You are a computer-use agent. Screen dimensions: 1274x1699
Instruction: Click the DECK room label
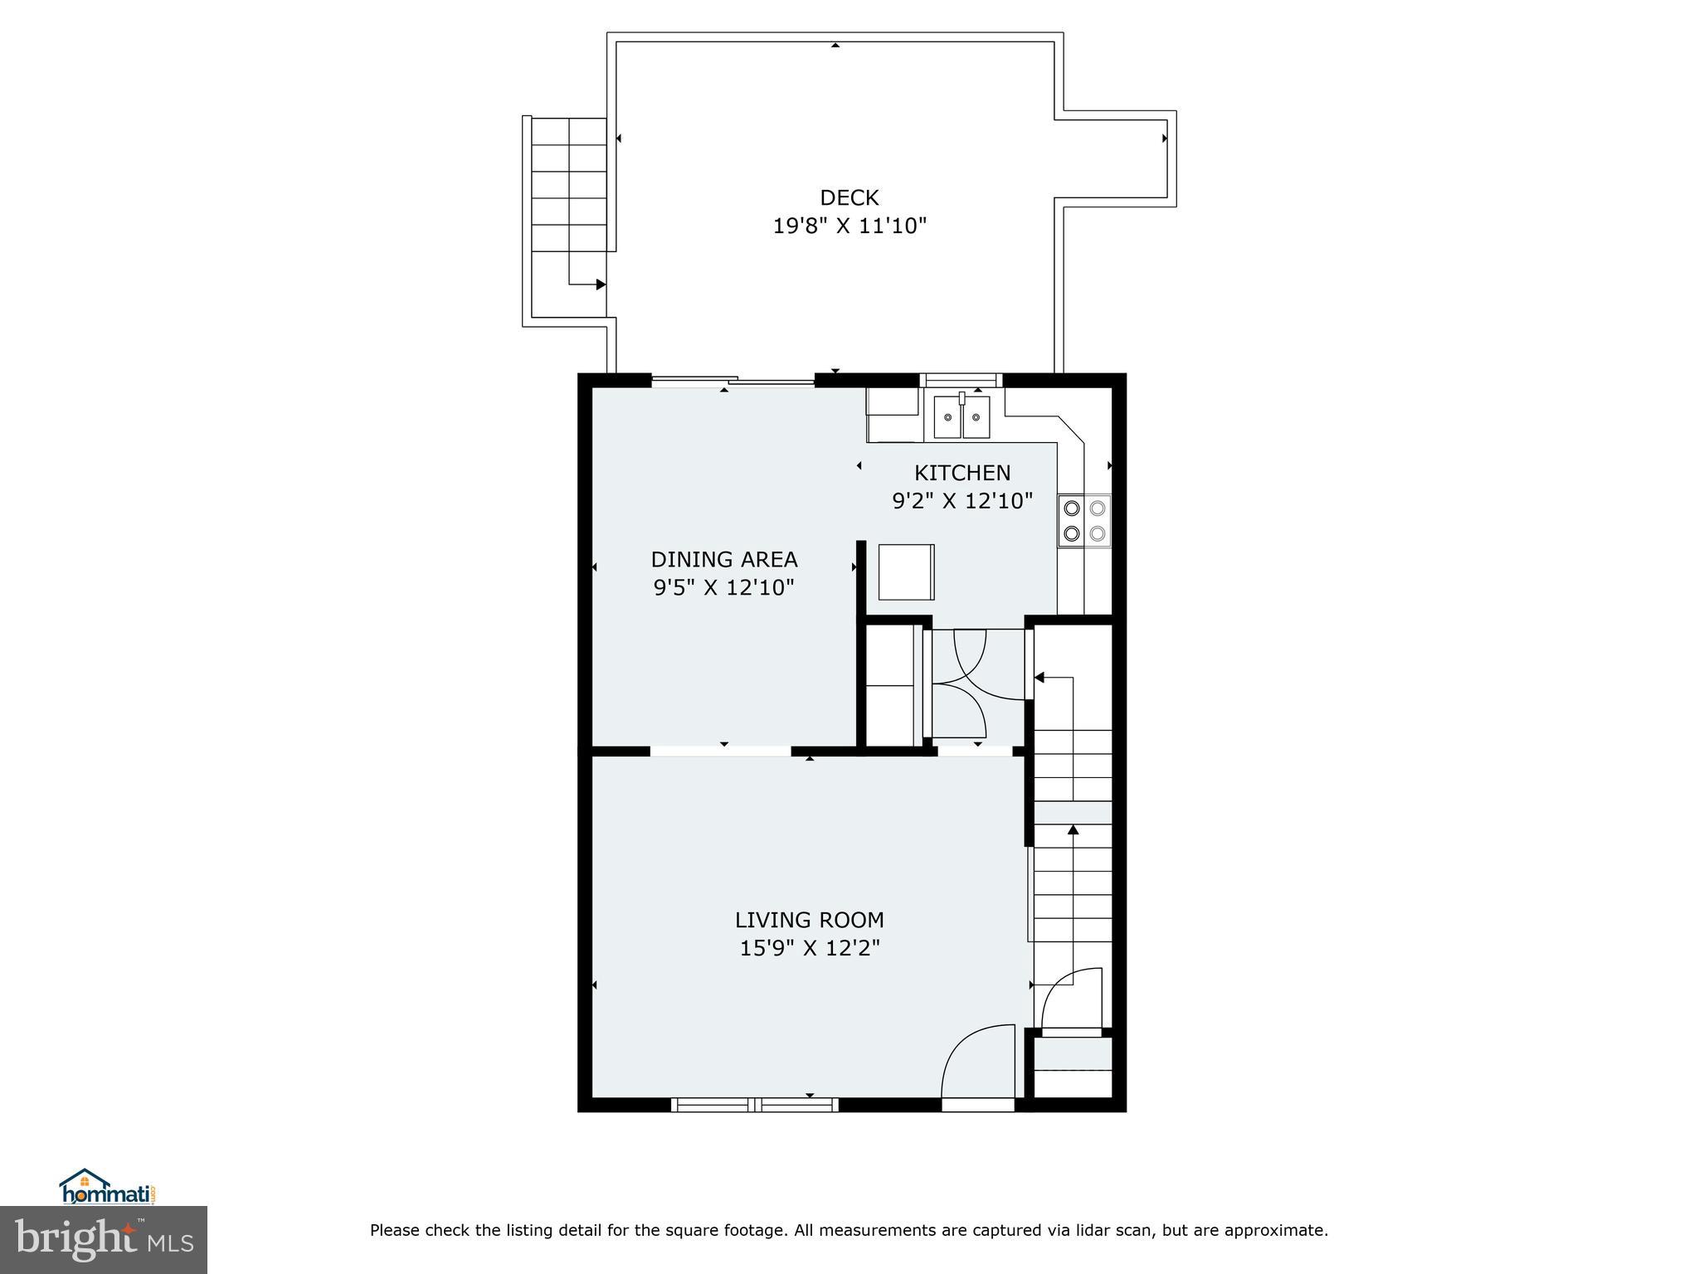coord(849,197)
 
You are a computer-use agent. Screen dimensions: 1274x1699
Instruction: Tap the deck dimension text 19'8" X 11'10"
coord(849,226)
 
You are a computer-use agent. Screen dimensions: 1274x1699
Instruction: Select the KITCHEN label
coord(961,473)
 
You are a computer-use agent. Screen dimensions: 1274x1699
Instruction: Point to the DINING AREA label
coord(723,559)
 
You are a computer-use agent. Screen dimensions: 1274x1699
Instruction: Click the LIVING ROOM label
coord(809,920)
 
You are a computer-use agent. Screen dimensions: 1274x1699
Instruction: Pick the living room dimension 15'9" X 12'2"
coord(809,948)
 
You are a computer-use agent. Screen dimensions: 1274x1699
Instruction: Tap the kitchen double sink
coord(961,417)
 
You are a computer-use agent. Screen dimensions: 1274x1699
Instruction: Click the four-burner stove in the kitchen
coord(1084,521)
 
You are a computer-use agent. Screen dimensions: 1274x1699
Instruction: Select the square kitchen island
coord(906,571)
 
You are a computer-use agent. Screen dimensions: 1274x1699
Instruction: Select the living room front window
coord(754,1104)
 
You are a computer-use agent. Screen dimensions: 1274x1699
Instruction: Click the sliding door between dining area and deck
coord(733,382)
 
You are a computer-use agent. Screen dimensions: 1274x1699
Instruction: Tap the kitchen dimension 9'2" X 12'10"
coord(961,501)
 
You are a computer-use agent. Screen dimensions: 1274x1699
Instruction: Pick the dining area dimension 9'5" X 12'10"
coord(723,587)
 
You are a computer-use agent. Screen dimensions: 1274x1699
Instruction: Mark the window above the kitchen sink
coord(961,380)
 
